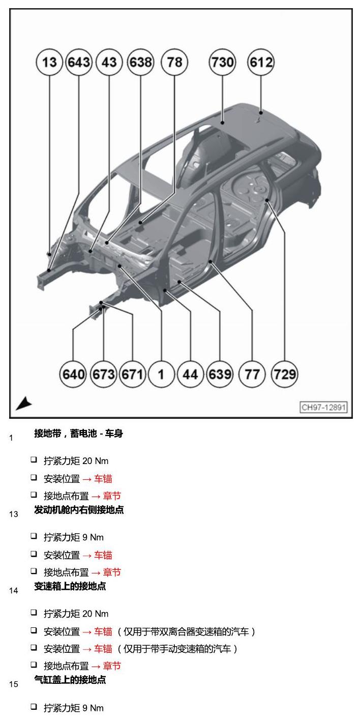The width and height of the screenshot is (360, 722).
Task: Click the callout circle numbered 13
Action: tap(49, 62)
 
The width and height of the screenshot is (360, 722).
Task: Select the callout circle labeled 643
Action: tap(79, 62)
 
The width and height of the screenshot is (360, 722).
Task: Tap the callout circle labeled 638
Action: tap(140, 62)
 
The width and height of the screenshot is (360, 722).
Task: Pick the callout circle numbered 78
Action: tap(174, 62)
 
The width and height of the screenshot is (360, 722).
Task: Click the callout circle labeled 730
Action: tap(222, 62)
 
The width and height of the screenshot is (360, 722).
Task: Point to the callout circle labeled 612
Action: tap(261, 62)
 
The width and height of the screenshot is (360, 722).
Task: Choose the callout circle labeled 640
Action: tap(73, 374)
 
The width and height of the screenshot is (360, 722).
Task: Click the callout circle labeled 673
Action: tap(103, 374)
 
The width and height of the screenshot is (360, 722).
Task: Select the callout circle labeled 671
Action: tap(132, 374)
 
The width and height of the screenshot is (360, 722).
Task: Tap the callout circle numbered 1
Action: tap(161, 374)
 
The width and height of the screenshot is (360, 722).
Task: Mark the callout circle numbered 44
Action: tap(190, 374)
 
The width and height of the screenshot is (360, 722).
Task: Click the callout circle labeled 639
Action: tap(220, 374)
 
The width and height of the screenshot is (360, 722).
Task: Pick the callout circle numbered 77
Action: tap(252, 374)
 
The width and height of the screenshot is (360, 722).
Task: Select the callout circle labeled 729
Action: tap(285, 374)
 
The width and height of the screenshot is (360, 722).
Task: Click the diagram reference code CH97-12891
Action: tap(323, 407)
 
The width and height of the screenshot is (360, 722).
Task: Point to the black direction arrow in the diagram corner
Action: tap(23, 403)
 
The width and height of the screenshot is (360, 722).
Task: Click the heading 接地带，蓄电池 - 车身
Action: tap(79, 434)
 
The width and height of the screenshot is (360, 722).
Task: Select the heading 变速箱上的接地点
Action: tap(70, 586)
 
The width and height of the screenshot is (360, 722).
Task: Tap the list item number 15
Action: tap(14, 684)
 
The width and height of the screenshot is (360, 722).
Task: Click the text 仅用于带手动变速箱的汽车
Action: tap(177, 649)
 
